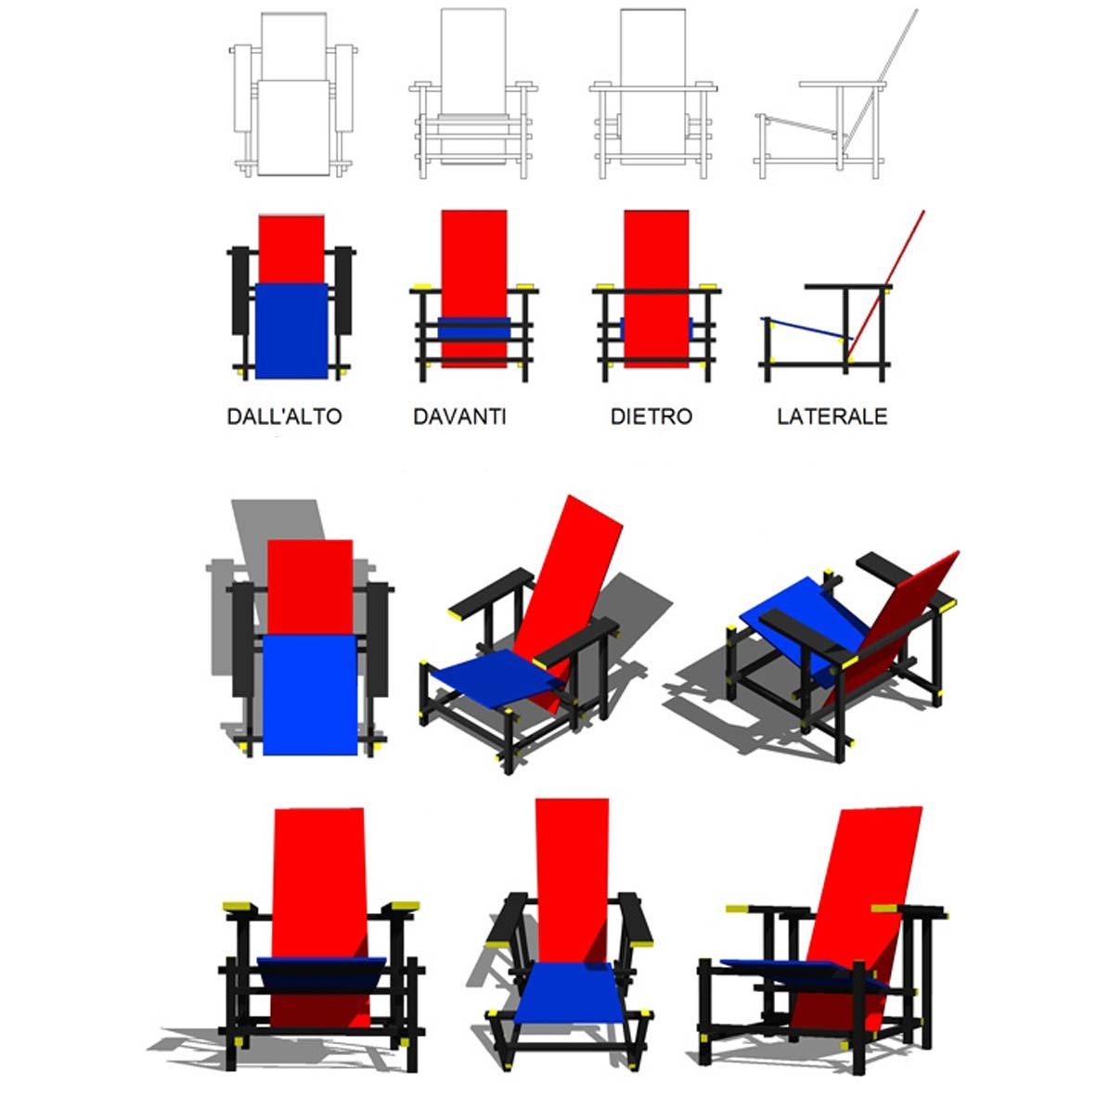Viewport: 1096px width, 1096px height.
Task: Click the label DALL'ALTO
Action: [x=285, y=417]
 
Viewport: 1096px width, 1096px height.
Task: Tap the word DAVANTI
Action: [x=459, y=417]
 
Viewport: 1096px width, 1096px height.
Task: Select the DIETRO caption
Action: [x=651, y=417]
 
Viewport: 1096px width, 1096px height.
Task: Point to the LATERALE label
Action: [x=832, y=417]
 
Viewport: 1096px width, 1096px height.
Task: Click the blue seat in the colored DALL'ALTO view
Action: [x=290, y=330]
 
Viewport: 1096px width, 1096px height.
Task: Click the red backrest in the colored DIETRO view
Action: [x=656, y=288]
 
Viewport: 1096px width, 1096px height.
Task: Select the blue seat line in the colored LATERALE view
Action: [x=806, y=329]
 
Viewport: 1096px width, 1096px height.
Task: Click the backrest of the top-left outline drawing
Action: [x=293, y=46]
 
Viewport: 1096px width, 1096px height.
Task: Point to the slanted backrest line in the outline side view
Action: [x=880, y=81]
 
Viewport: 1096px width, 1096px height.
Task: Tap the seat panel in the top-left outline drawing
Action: [x=293, y=127]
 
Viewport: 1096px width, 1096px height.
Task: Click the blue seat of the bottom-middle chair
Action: [x=570, y=993]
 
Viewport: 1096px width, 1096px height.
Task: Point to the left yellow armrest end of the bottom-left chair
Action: [x=237, y=908]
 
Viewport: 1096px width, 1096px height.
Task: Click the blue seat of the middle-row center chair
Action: [x=497, y=678]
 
